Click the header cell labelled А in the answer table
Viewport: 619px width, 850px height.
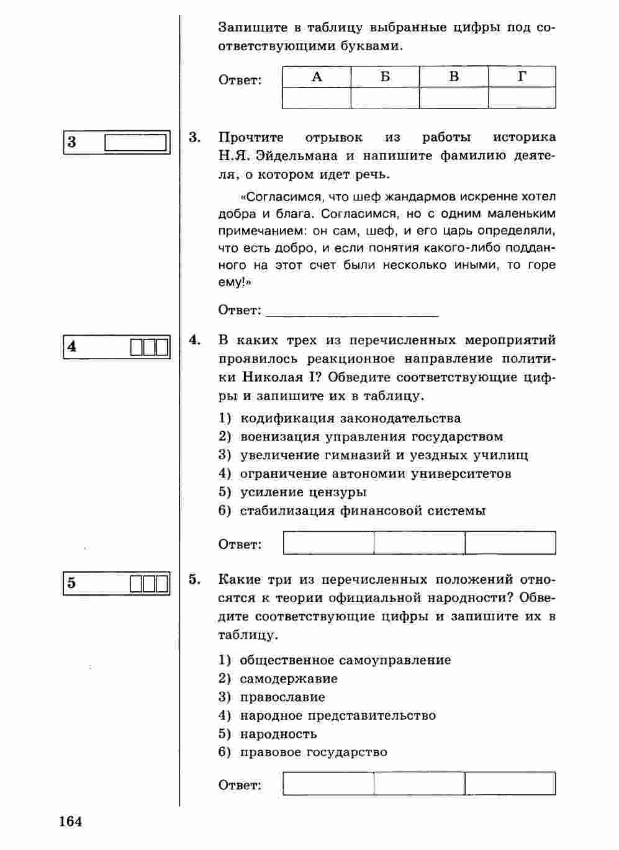click(x=317, y=77)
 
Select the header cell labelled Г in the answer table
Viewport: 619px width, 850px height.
click(x=522, y=77)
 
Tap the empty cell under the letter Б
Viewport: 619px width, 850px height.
click(x=385, y=98)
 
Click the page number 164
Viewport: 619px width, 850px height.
click(x=71, y=821)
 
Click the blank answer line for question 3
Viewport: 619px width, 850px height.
click(x=352, y=310)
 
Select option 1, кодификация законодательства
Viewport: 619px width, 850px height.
click(x=350, y=418)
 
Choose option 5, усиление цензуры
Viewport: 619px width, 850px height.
click(x=303, y=492)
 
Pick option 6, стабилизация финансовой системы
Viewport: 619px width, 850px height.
click(x=363, y=511)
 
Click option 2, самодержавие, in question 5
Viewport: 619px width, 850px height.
click(x=289, y=678)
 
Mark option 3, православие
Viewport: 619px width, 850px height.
click(x=282, y=697)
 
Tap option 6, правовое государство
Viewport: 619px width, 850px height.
click(x=314, y=752)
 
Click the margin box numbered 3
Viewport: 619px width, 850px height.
click(x=117, y=142)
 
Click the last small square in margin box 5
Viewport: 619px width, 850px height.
click(x=162, y=584)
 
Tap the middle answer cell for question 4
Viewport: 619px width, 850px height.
click(x=419, y=543)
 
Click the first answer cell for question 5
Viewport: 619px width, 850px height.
click(x=328, y=783)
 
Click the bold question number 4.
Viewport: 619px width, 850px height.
click(x=194, y=340)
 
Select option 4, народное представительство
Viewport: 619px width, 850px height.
click(x=338, y=715)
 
